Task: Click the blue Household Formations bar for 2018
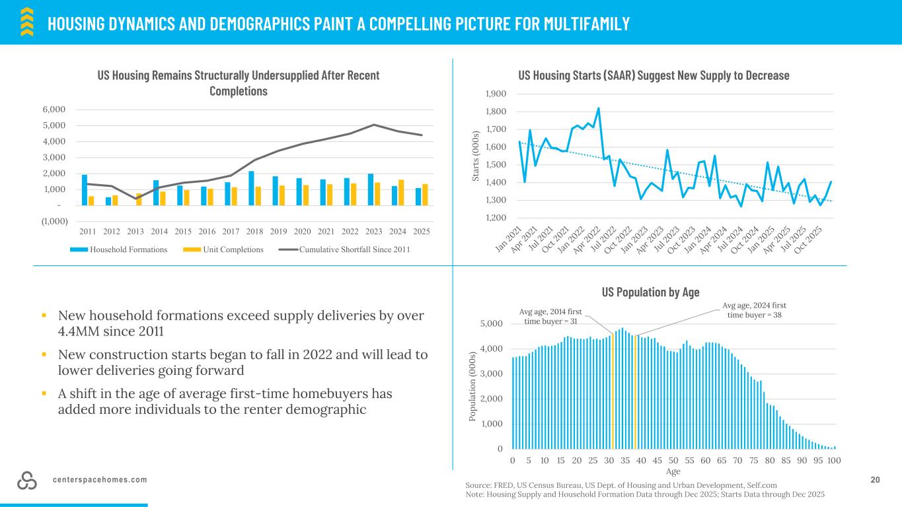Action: point(252,188)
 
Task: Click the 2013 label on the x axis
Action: point(135,231)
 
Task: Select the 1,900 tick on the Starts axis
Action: point(496,94)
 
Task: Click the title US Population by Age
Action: point(650,292)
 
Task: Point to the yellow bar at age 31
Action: point(613,391)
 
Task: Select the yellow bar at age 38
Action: point(636,392)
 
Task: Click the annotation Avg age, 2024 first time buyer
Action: point(753,310)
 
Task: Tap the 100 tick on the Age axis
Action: point(834,460)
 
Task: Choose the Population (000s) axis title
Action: point(475,387)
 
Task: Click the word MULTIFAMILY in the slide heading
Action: point(586,24)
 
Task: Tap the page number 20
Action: point(876,480)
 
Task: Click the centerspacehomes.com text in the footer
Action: point(100,480)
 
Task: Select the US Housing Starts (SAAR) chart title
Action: point(654,75)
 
